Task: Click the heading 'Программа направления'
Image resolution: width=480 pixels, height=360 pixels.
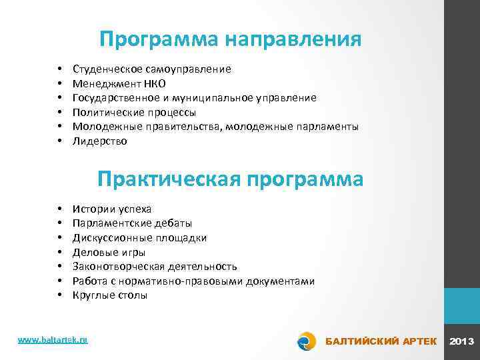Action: coord(230,39)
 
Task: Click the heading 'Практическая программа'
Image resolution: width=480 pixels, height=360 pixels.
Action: coord(230,179)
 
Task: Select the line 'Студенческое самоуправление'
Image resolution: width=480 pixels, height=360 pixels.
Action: coord(152,69)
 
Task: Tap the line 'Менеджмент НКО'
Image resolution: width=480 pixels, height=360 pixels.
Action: coord(119,83)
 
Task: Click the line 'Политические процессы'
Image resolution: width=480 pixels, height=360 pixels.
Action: coord(134,112)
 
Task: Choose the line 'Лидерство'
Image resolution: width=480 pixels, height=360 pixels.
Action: coord(99,141)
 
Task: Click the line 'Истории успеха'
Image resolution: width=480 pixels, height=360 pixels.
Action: coord(112,209)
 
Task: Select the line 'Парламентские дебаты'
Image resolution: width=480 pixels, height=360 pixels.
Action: coord(132,223)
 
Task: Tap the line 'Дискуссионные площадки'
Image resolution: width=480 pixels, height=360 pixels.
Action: coord(139,238)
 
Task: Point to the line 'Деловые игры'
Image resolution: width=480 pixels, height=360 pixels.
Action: coord(109,252)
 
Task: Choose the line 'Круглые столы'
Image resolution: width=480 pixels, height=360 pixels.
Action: coord(110,295)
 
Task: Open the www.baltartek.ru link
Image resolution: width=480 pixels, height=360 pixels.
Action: coord(53,340)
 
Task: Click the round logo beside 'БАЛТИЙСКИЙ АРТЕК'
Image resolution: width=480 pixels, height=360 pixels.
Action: coord(306,341)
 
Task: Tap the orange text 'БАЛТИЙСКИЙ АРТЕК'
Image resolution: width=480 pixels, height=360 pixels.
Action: coord(381,342)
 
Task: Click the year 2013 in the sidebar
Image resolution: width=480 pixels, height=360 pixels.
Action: coord(462,342)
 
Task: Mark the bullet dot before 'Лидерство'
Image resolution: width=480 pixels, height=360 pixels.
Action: coord(60,141)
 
